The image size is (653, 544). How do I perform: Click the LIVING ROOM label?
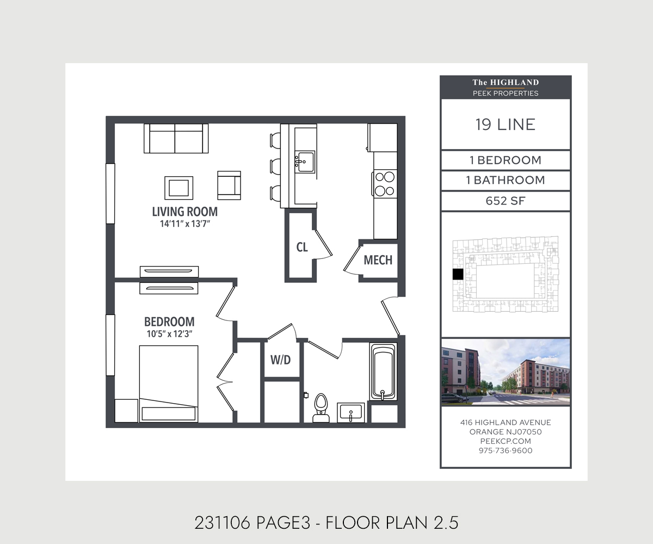click(x=185, y=212)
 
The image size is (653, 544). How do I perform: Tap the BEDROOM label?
click(x=169, y=322)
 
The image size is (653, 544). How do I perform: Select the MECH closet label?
click(x=378, y=260)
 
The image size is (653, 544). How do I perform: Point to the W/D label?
click(x=281, y=360)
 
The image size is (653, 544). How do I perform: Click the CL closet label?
click(x=302, y=248)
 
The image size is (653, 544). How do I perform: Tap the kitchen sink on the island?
click(x=305, y=162)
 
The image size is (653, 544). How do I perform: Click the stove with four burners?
click(x=384, y=183)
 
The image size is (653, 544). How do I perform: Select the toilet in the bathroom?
click(x=321, y=408)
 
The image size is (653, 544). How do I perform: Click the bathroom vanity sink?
click(x=350, y=413)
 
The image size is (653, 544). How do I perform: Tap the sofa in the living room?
click(x=176, y=138)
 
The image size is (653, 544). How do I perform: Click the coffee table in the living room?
click(x=178, y=188)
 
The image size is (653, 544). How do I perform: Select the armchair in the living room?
click(x=229, y=186)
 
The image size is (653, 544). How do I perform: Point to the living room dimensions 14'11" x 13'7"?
click(x=185, y=224)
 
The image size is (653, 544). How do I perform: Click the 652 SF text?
click(x=506, y=201)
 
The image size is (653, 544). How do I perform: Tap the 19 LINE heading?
click(x=506, y=125)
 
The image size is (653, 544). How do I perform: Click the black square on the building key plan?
click(x=458, y=274)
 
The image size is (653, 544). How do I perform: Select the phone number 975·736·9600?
click(x=506, y=450)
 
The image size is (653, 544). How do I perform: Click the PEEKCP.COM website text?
click(x=506, y=441)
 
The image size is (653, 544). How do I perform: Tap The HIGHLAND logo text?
click(x=506, y=83)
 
